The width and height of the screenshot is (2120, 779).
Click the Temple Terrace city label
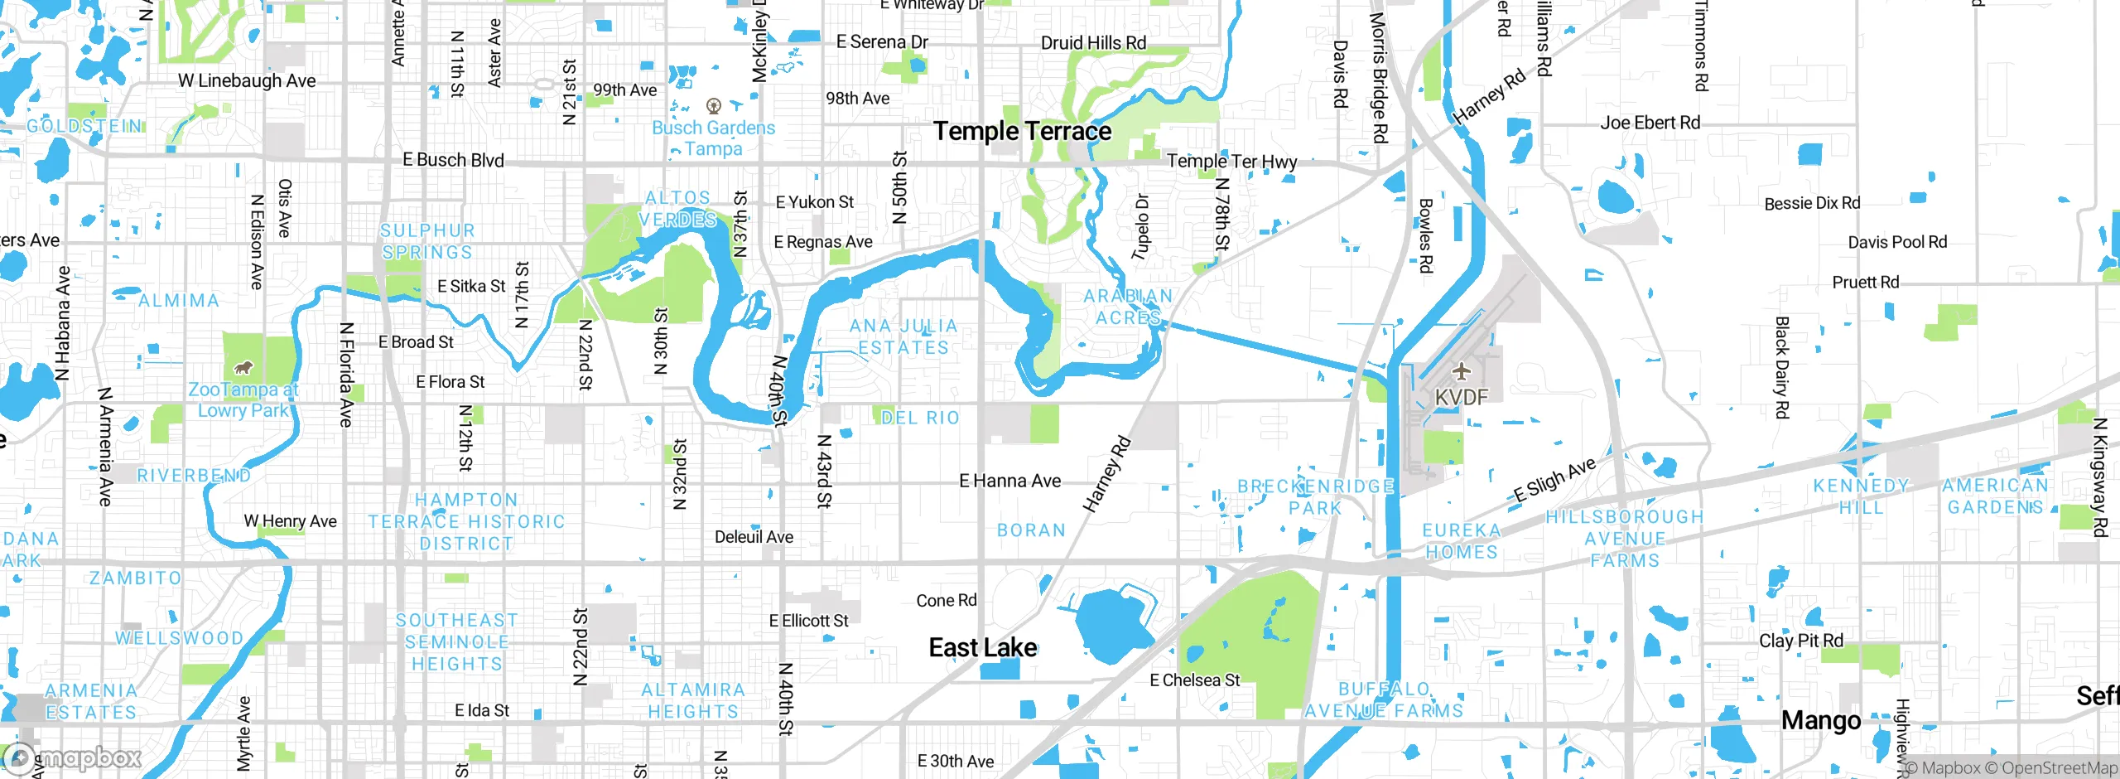pyautogui.click(x=1022, y=131)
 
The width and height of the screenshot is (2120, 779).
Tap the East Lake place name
pyautogui.click(x=982, y=647)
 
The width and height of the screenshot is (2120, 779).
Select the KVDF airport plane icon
pyautogui.click(x=1462, y=370)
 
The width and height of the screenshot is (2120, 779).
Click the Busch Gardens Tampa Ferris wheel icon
pyautogui.click(x=713, y=106)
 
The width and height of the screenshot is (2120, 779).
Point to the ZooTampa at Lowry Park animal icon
pyautogui.click(x=243, y=367)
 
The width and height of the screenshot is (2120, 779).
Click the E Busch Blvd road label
pyautogui.click(x=453, y=160)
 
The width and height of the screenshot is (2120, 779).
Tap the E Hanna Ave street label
pyautogui.click(x=1009, y=481)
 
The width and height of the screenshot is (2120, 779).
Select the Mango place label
pyautogui.click(x=1820, y=720)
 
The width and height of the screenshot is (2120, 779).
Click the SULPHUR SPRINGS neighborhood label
pyautogui.click(x=427, y=241)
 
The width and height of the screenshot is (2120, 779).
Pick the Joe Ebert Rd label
pyautogui.click(x=1650, y=123)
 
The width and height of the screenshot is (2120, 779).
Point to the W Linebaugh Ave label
pyautogui.click(x=247, y=80)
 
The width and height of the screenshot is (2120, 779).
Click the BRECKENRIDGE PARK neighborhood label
pyautogui.click(x=1315, y=497)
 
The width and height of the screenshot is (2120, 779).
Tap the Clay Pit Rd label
pyautogui.click(x=1800, y=641)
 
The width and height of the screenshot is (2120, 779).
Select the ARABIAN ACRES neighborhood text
pyautogui.click(x=1128, y=307)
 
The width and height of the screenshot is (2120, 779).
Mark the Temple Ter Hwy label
pyautogui.click(x=1231, y=161)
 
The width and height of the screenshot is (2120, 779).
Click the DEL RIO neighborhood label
pyautogui.click(x=920, y=418)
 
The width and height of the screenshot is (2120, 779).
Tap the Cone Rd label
pyautogui.click(x=946, y=600)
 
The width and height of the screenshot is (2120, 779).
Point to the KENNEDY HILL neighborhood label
pyautogui.click(x=1861, y=496)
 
